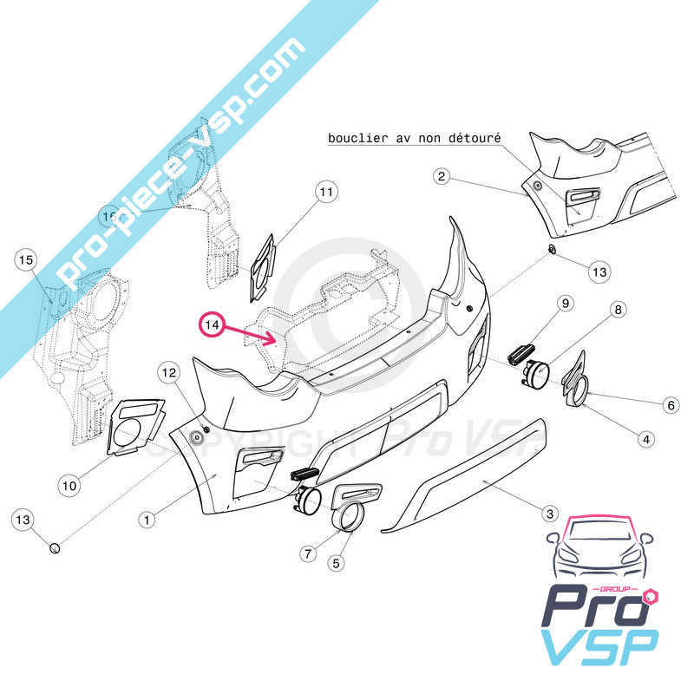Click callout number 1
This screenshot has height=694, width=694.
coord(148,520)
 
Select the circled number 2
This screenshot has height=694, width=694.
coord(442,178)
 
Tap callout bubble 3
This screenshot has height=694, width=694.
coord(548,514)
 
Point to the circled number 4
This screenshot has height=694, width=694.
coord(645,440)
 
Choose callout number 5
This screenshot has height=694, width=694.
coord(337,562)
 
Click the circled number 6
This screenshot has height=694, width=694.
coord(670,404)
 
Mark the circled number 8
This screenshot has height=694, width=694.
coord(619,310)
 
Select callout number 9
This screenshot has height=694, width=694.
coord(565,303)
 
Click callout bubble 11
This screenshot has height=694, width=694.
coord(325,192)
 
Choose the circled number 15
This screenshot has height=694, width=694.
coord(25,259)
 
